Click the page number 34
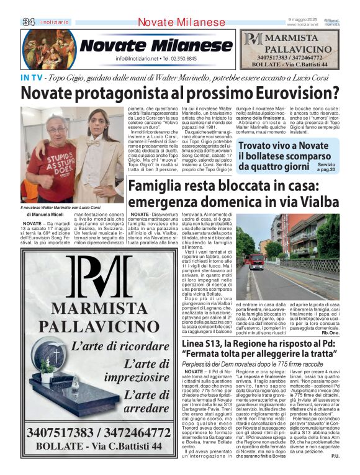click(x=29, y=22)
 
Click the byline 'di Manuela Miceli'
click(x=43, y=215)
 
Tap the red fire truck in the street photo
click(x=256, y=261)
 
